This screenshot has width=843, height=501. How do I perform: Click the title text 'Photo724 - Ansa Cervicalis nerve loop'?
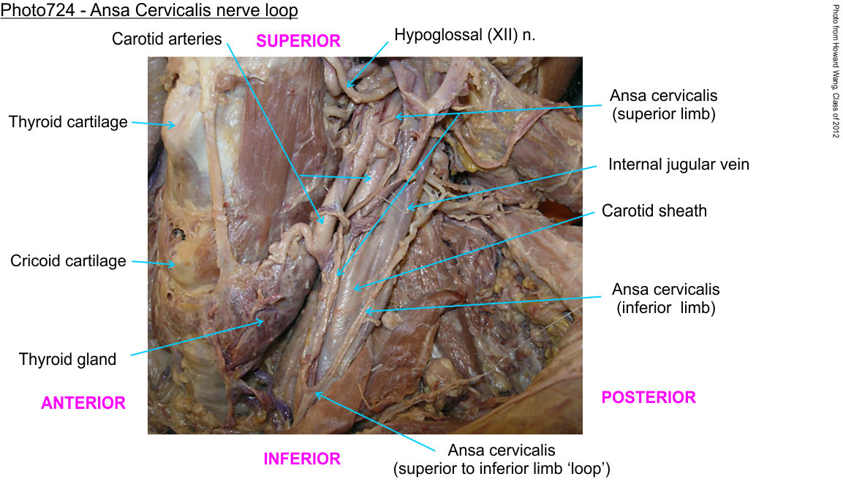pos(149,11)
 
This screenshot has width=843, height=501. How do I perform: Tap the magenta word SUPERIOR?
pos(298,41)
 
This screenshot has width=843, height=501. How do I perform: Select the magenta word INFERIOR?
pos(302,459)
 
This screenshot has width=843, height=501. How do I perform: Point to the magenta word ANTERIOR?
pos(83,403)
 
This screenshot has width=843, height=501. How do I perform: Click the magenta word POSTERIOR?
pos(649,398)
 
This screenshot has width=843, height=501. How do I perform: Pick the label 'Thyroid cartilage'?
pos(68,122)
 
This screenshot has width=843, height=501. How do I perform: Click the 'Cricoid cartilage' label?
pos(68,261)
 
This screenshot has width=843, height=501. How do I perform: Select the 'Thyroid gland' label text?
pos(67,359)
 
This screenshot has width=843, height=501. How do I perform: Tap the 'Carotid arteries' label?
pos(167,39)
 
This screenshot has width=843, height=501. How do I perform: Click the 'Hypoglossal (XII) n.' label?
pos(465,35)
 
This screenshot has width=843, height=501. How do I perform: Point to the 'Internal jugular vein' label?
pos(678,165)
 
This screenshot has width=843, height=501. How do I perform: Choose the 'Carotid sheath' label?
pos(654,211)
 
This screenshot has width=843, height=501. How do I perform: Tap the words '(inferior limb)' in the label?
pos(665,308)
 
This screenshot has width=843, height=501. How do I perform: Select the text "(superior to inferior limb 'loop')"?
pos(502,469)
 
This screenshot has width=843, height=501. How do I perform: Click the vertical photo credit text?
pos(835,72)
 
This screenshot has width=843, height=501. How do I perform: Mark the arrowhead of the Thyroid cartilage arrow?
pos(175,125)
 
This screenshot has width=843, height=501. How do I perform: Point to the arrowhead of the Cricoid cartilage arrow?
pos(174,264)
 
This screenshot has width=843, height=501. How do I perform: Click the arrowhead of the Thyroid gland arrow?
pos(264,319)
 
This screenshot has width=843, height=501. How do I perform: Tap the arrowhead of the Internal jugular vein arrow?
pos(409,208)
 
